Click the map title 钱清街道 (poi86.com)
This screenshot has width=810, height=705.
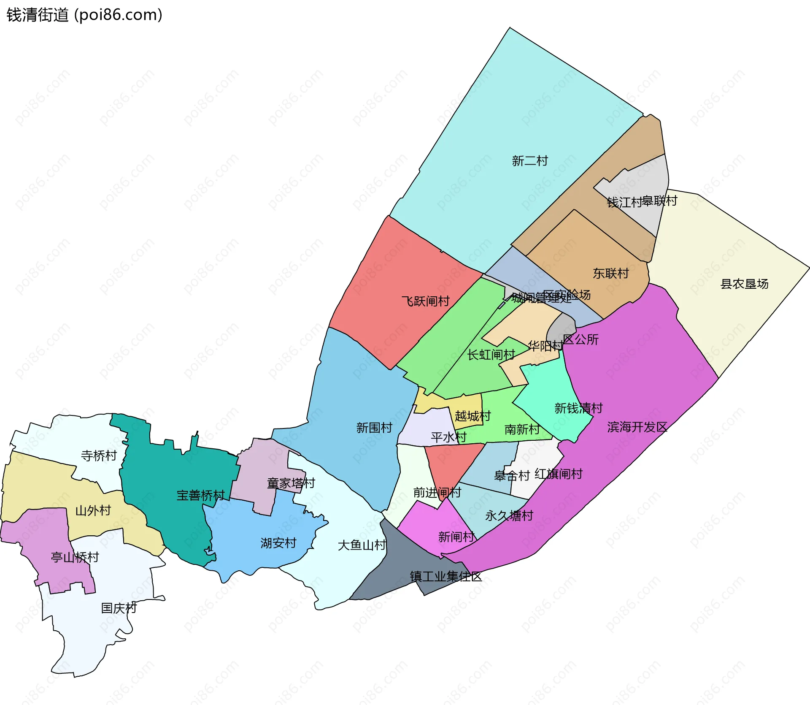tap(84, 15)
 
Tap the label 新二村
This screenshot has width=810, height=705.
tap(529, 161)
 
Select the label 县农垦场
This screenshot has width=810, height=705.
tap(744, 284)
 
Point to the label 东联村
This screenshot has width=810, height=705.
tap(610, 274)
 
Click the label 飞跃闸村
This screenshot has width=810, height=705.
tap(425, 301)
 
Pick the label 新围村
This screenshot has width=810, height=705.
tap(374, 428)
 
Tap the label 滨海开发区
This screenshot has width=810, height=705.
tap(637, 427)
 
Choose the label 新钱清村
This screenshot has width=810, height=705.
tap(578, 408)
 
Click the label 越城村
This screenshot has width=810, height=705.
tap(472, 416)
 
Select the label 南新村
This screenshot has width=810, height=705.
tap(522, 429)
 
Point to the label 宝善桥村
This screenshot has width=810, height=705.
tap(200, 495)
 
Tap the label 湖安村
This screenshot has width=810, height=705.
tap(278, 543)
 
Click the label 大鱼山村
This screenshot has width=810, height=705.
tap(362, 545)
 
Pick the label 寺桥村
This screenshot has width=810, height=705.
tap(99, 456)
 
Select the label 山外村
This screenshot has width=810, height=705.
tap(93, 511)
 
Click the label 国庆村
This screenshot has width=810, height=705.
tap(119, 608)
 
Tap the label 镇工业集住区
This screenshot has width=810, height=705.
tap(445, 576)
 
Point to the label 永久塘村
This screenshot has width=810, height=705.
tap(509, 515)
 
